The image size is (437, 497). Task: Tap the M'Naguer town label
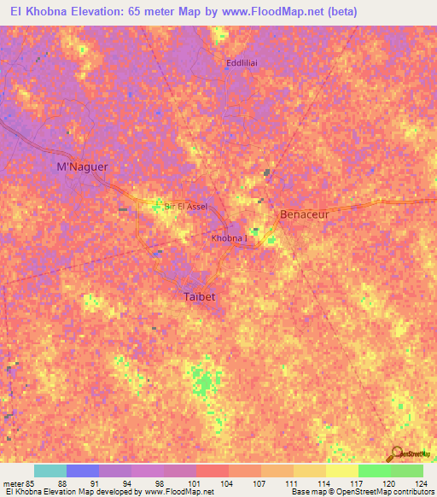point(82,167)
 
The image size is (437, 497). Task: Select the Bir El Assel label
point(179,206)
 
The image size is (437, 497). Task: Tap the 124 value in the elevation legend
point(422,482)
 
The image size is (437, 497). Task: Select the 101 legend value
point(195,482)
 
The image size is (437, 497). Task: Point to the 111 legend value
point(292,482)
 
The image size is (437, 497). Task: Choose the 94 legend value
point(130,482)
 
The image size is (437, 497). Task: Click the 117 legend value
point(357,482)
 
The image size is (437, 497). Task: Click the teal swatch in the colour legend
point(50,471)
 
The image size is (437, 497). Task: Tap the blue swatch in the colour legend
point(83,471)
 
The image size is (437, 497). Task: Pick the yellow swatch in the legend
point(342,471)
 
